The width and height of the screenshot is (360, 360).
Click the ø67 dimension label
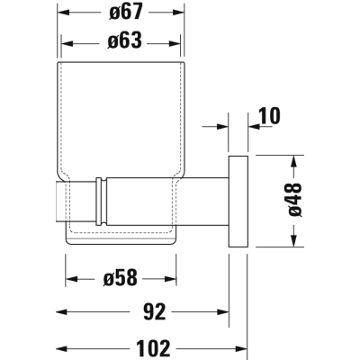(125, 13)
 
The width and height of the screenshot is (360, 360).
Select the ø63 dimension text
(124, 40)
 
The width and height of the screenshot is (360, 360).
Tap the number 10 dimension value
(268, 115)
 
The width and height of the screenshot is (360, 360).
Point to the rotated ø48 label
(295, 199)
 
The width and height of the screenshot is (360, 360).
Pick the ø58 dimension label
(120, 277)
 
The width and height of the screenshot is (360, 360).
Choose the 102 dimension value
(153, 348)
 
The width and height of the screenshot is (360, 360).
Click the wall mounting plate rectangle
(238, 202)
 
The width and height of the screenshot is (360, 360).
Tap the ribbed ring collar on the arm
(101, 202)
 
